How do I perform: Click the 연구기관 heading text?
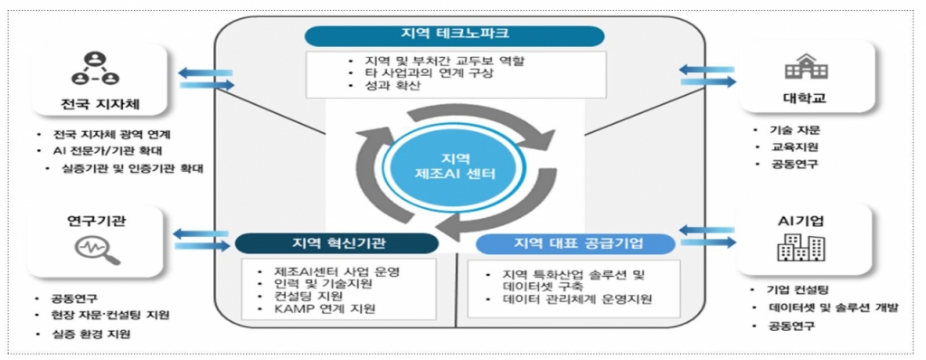91,220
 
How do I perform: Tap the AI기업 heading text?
801,220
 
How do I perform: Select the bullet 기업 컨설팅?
797,290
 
